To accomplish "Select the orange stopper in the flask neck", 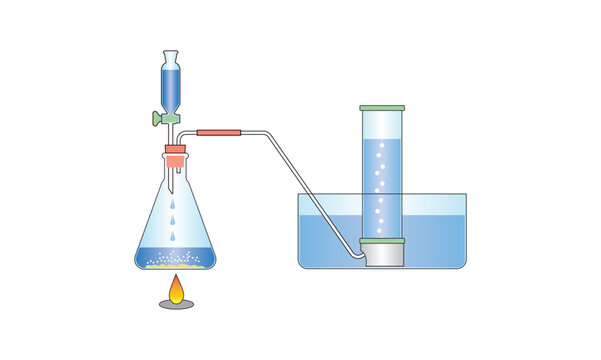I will (175, 155).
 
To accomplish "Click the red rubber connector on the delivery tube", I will (221, 132).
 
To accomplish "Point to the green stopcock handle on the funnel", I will (157, 118).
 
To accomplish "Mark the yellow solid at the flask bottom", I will (176, 264).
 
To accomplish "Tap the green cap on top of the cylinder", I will (382, 106).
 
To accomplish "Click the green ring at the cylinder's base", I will (382, 242).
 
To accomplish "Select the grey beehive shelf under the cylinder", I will (384, 256).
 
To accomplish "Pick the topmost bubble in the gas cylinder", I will (380, 147).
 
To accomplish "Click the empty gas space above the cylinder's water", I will (382, 125).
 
